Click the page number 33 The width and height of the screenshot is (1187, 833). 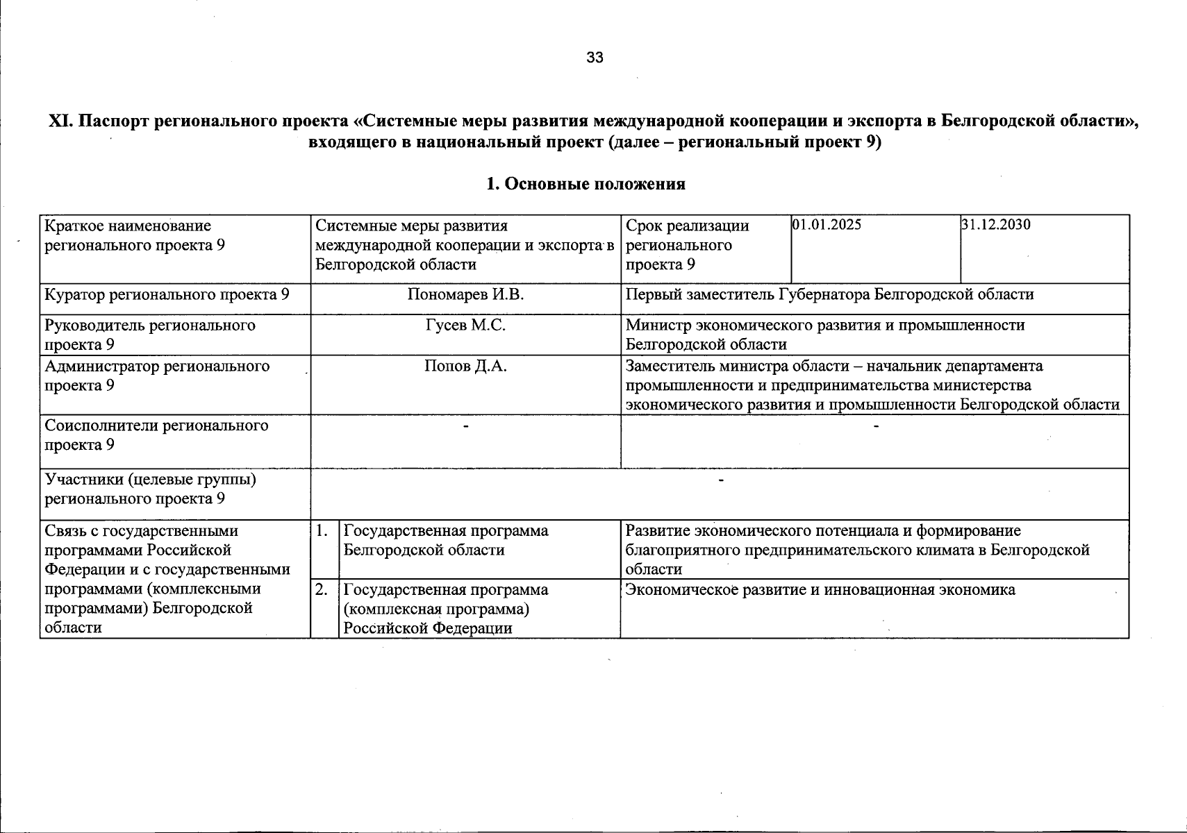595,58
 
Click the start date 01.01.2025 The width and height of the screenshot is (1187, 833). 827,225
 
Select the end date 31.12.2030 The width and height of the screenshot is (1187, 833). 996,225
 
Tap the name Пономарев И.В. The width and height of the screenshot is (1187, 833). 465,294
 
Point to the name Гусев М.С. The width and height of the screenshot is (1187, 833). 465,325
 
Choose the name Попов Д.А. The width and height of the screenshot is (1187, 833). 465,366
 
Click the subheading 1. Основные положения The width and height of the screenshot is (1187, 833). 586,184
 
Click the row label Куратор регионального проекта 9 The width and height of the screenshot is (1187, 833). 167,294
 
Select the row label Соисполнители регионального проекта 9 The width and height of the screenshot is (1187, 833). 156,435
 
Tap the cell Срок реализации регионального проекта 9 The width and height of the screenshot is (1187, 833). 687,244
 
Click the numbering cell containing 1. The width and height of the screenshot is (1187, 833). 322,531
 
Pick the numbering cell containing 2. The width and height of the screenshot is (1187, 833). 322,590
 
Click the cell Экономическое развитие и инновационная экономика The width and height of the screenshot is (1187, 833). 820,590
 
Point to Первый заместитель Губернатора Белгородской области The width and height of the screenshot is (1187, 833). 829,294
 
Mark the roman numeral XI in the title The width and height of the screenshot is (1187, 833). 60,121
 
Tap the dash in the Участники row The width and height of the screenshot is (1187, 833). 721,480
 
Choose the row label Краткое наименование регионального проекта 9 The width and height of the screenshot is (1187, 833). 135,235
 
